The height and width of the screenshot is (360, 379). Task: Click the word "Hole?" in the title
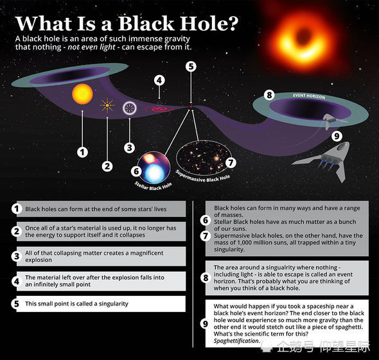(209, 23)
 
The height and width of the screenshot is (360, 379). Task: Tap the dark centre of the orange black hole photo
(303, 35)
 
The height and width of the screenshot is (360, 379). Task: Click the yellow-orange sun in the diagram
(82, 94)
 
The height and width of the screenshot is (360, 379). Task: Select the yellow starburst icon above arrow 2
(107, 105)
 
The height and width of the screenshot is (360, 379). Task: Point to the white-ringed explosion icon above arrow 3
(130, 108)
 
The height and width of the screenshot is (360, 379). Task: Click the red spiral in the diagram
(159, 109)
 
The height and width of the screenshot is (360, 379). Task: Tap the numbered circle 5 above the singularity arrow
(191, 67)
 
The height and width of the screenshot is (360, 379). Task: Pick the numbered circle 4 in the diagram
(159, 80)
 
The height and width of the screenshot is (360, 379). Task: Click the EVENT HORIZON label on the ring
(309, 96)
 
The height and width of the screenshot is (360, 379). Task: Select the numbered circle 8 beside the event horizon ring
(269, 95)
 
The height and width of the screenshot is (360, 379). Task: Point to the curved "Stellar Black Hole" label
(154, 186)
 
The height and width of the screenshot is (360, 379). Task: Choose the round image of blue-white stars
(154, 167)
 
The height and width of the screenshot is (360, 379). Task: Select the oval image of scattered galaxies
(204, 159)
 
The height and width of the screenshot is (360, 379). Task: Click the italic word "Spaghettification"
(237, 341)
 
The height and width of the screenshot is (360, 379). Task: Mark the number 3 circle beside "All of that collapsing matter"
(17, 256)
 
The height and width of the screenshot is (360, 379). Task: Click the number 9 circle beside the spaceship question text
(205, 323)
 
